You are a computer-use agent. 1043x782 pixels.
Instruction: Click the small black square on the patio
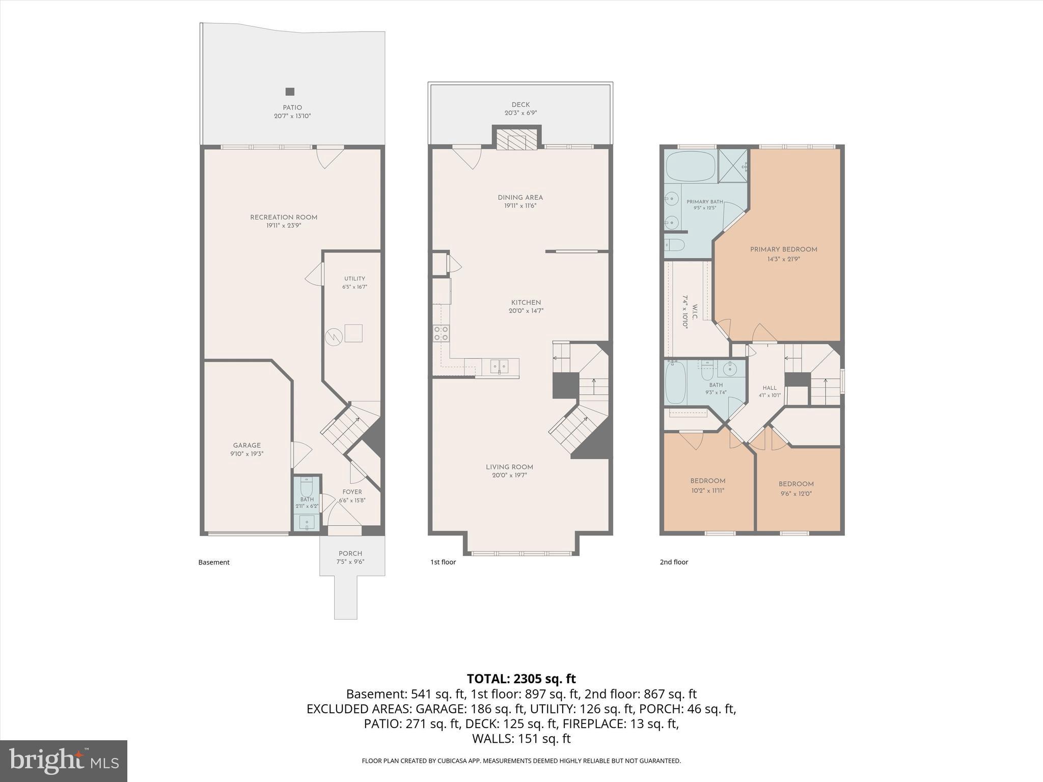tap(290, 92)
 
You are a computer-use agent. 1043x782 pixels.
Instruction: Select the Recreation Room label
tap(284, 217)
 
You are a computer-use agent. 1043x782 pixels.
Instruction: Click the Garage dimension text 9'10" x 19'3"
tap(246, 454)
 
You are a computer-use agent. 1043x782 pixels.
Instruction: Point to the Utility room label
tap(354, 278)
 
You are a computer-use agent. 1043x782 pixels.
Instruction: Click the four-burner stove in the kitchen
tap(441, 333)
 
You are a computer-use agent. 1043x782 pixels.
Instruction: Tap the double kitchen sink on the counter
tap(500, 366)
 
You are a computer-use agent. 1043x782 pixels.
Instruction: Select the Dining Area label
tap(520, 198)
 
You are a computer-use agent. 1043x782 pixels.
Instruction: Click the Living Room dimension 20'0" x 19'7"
tap(509, 476)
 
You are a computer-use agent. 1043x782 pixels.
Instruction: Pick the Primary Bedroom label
tap(783, 249)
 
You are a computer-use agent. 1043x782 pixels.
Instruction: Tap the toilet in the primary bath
tap(674, 245)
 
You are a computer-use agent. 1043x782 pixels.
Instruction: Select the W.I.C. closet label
tap(695, 309)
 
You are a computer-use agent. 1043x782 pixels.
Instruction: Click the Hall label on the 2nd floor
tap(770, 388)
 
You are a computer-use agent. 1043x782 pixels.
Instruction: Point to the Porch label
tap(350, 553)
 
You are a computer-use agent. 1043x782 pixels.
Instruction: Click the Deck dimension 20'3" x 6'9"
tap(520, 113)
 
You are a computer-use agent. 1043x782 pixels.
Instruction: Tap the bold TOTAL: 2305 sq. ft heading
tap(521, 679)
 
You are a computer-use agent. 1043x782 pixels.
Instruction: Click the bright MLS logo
tap(64, 761)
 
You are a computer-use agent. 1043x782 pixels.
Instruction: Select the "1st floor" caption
tap(443, 562)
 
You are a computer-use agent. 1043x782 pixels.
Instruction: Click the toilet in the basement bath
tap(307, 488)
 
